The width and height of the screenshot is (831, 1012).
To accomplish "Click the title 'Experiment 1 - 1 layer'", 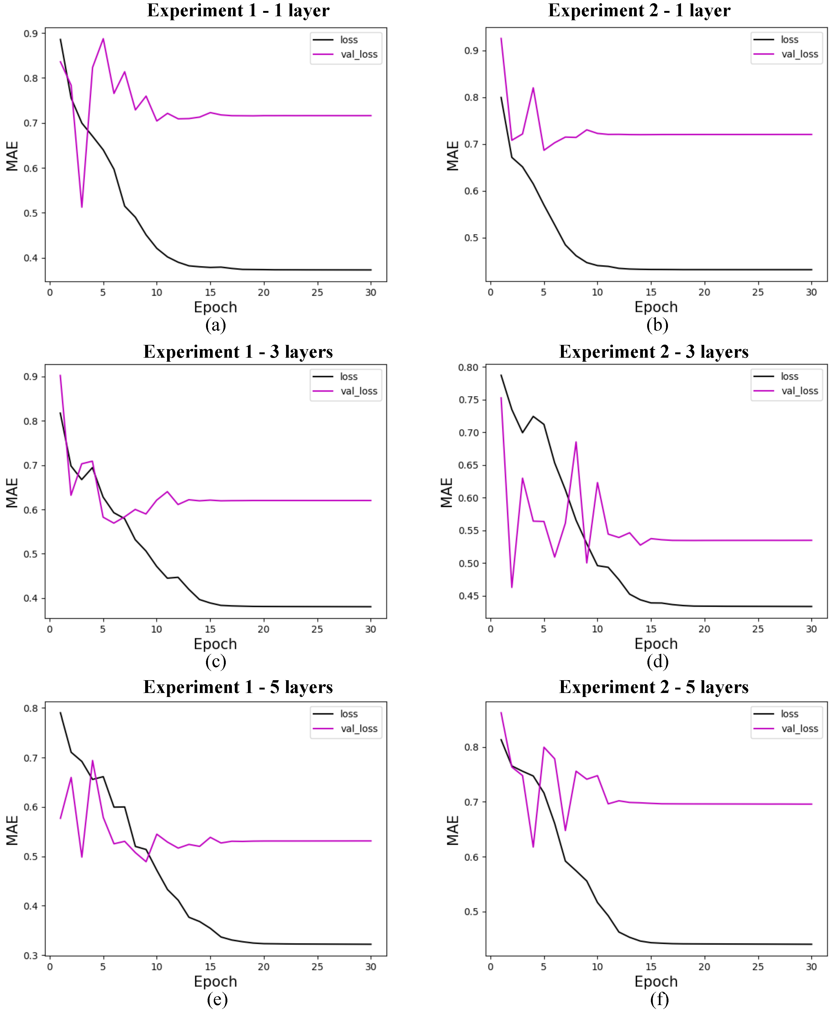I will (238, 10).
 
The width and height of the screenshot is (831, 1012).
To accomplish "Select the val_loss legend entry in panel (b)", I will (800, 54).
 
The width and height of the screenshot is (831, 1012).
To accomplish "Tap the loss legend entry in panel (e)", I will (349, 714).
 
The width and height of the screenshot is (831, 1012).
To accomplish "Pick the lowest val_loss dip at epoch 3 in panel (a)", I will (82, 207).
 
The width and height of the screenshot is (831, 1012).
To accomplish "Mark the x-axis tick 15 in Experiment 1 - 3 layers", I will (210, 629).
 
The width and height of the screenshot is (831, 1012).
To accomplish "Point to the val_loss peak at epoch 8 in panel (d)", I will (576, 442).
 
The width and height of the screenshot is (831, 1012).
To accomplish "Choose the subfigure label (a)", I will (215, 325).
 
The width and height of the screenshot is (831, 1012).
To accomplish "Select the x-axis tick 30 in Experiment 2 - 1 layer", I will (811, 292).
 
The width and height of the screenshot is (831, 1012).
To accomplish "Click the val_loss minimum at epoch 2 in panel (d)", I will (512, 587).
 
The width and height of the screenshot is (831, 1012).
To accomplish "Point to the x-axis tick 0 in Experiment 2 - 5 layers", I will (490, 967).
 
